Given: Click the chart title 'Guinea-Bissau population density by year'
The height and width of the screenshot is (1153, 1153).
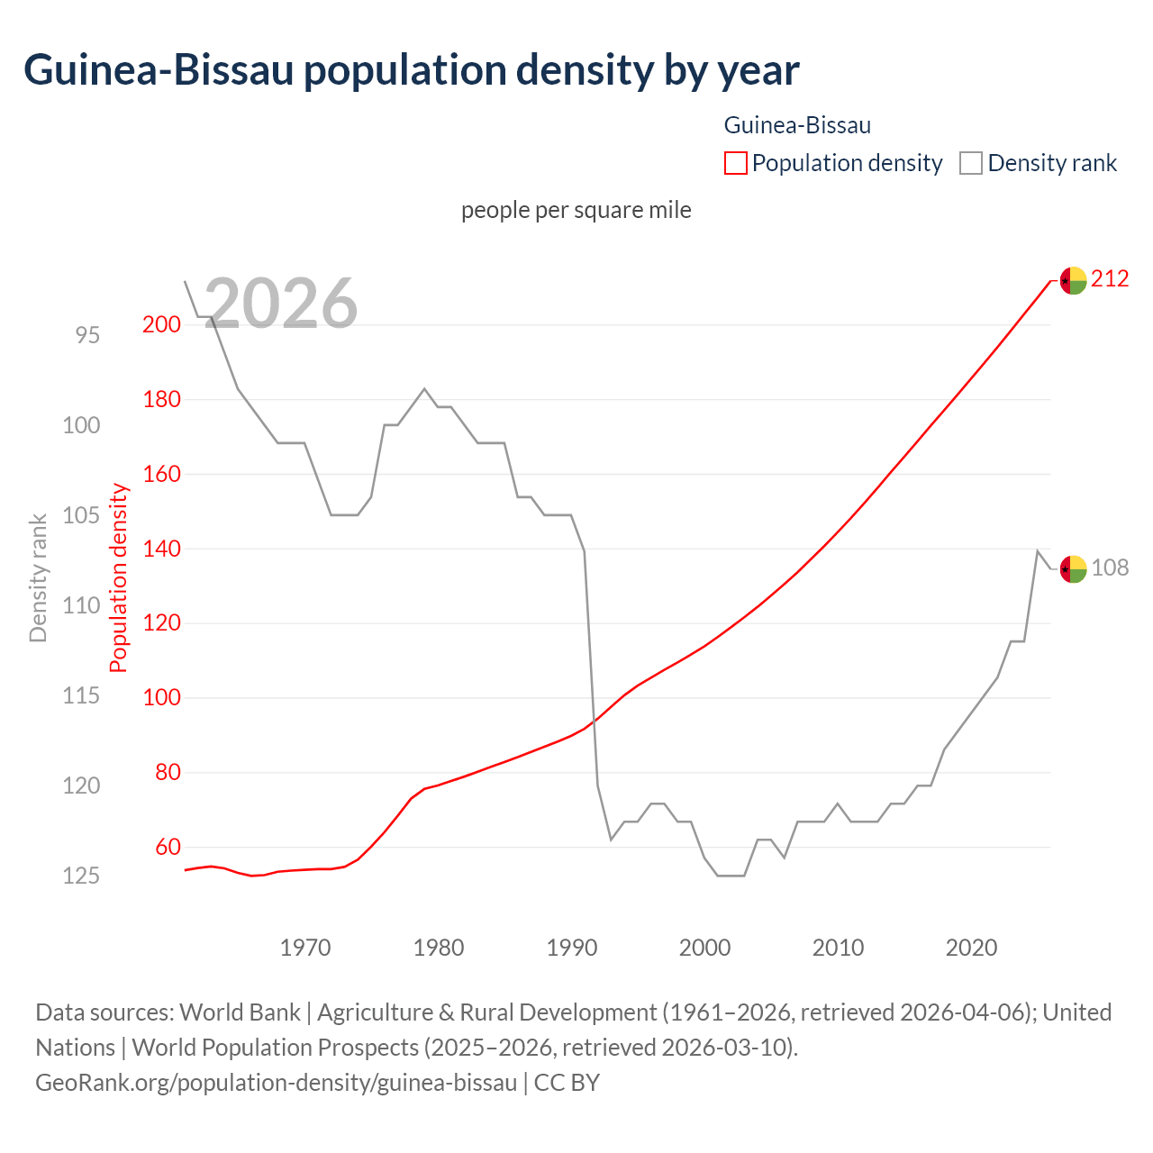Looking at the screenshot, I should (x=411, y=70).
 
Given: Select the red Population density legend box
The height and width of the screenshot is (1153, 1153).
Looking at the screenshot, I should (x=735, y=163).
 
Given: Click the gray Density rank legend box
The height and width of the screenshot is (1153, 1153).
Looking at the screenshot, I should (x=970, y=163).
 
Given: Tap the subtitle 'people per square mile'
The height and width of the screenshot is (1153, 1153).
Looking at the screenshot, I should (x=576, y=210).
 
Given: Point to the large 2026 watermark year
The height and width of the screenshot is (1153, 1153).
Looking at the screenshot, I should (x=281, y=304).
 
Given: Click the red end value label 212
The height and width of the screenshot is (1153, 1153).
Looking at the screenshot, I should (x=1110, y=279).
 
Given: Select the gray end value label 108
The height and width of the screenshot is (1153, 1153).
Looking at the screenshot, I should (x=1110, y=568).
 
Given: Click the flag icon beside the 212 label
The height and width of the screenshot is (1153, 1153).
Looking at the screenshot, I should (x=1072, y=281).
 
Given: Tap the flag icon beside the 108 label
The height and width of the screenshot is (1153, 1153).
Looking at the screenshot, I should (x=1072, y=569).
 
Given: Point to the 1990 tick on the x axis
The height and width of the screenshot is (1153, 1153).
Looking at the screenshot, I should (x=572, y=948).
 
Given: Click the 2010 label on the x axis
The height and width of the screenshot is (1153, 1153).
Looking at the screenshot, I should (x=838, y=948).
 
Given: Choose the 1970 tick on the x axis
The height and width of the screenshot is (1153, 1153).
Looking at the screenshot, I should (x=305, y=948).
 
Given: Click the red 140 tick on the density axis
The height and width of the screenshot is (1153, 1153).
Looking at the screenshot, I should (x=161, y=549).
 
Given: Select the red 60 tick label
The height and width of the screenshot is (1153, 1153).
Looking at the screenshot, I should (x=168, y=848).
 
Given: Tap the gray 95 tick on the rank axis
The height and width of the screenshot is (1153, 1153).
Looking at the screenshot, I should (x=87, y=335).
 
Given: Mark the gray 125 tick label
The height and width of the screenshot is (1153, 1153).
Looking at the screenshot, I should (x=81, y=876).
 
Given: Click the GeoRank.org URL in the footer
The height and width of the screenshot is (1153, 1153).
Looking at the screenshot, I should (x=276, y=1082).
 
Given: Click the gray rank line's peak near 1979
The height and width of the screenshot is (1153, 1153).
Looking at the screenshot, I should (x=424, y=388).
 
